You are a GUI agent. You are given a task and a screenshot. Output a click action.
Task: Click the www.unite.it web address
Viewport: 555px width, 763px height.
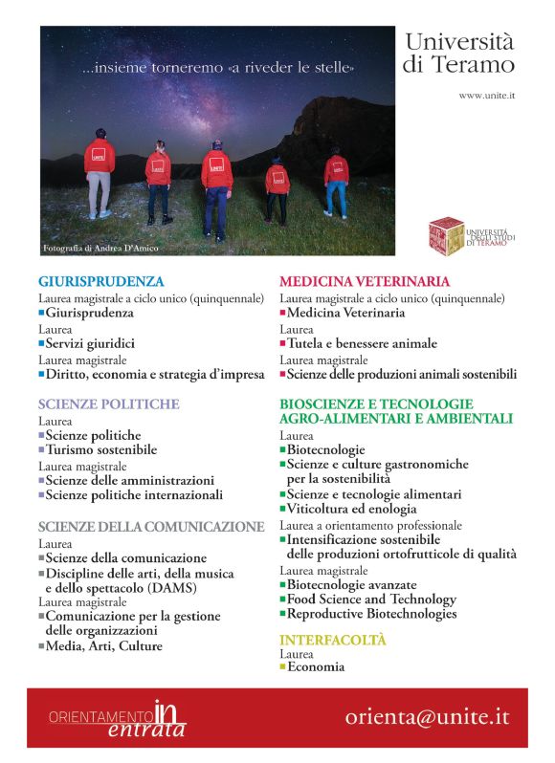pyautogui.click(x=487, y=96)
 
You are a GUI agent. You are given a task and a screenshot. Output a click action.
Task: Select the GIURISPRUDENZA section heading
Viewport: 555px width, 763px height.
pyautogui.click(x=101, y=282)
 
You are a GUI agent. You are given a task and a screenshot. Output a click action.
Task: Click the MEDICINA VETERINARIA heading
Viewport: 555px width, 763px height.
pyautogui.click(x=364, y=282)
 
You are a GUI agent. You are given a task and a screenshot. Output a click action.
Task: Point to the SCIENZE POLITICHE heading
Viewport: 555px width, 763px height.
pyautogui.click(x=108, y=404)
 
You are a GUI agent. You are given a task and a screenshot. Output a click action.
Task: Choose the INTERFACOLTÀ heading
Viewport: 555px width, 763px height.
pyautogui.click(x=332, y=640)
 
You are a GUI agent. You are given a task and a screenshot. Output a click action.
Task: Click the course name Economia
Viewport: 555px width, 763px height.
pyautogui.click(x=316, y=667)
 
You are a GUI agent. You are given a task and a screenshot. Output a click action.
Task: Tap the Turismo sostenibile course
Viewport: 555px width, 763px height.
pyautogui.click(x=101, y=449)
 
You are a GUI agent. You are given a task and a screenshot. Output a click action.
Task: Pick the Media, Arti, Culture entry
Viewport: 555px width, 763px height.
pyautogui.click(x=104, y=646)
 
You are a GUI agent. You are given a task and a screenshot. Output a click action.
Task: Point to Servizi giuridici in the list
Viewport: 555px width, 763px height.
pyautogui.click(x=90, y=343)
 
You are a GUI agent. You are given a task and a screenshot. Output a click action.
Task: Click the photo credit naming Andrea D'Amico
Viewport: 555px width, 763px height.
pyautogui.click(x=100, y=249)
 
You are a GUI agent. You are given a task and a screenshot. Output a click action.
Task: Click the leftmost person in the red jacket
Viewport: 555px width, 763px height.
pyautogui.click(x=100, y=172)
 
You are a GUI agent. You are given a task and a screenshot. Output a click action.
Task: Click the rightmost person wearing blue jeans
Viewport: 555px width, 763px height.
pyautogui.click(x=336, y=182)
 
